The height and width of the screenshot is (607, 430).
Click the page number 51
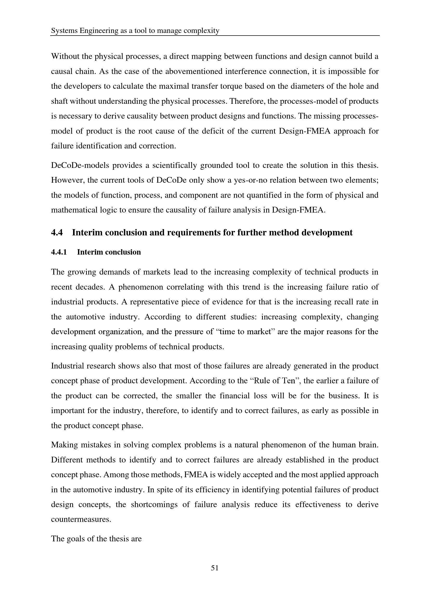click(215, 568)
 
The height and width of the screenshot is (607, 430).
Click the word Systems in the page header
click(64, 31)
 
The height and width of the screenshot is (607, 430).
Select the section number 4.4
click(57, 233)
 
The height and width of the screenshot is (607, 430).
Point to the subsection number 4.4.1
click(59, 252)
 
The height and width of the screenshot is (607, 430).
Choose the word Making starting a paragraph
click(64, 445)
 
